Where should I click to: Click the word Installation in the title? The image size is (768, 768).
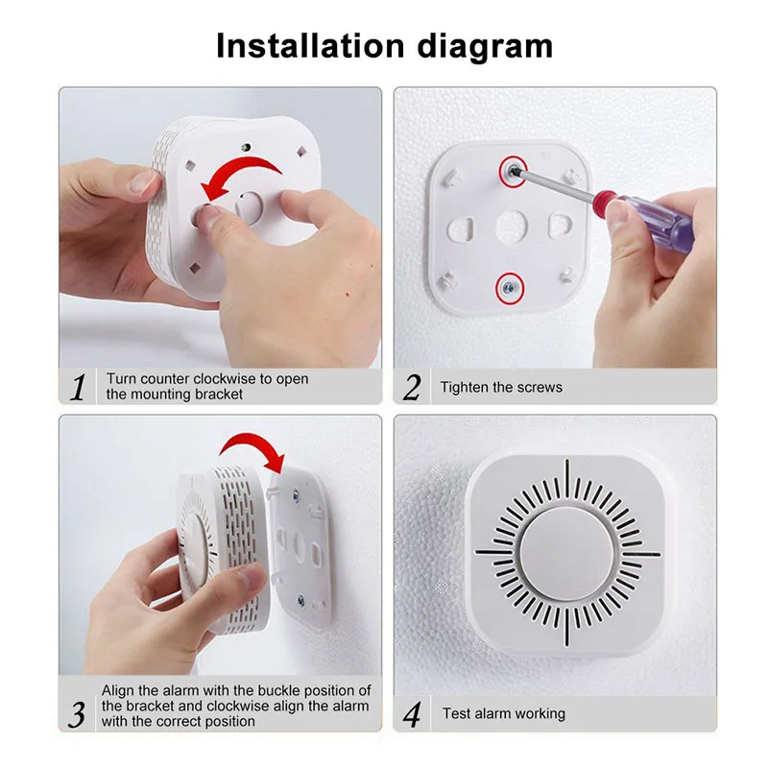click(310, 45)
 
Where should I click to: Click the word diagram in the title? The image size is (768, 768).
click(485, 47)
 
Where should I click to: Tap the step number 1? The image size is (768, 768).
click(78, 388)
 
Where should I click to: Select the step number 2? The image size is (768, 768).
click(412, 388)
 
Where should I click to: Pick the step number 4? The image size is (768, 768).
click(412, 714)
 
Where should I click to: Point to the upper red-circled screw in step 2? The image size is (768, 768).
click(513, 172)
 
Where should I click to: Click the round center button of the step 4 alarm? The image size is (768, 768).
click(566, 554)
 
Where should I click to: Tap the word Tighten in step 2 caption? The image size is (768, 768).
click(465, 388)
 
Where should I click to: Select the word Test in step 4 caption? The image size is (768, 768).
click(456, 713)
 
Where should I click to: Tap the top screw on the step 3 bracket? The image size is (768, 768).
click(296, 495)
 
